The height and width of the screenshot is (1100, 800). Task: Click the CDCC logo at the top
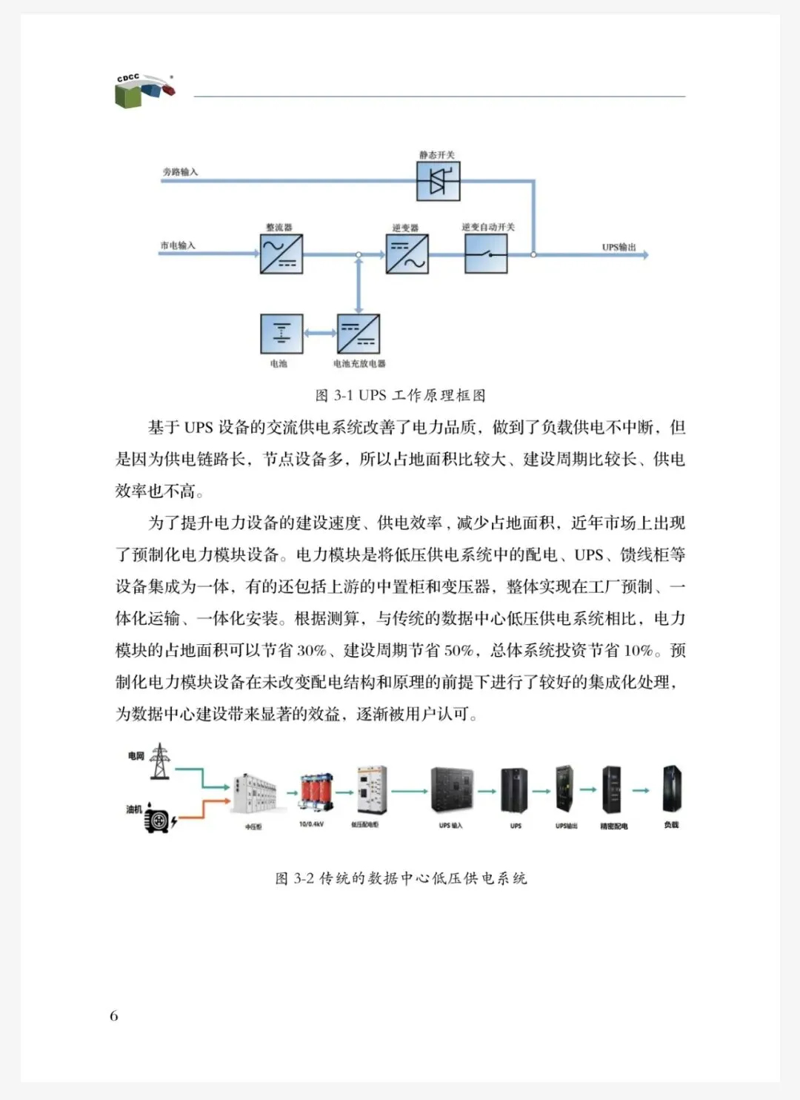coord(145,90)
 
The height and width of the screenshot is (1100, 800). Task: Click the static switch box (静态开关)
coord(438,181)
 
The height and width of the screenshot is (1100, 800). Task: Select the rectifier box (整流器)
coord(281,254)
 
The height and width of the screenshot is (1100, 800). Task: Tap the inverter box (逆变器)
coord(407,254)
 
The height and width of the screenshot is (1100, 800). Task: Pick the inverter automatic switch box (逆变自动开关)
coord(486,254)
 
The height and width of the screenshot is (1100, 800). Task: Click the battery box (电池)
coord(281,334)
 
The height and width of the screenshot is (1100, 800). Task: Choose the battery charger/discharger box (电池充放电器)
coord(359,334)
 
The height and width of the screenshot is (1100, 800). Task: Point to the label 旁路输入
coord(180,172)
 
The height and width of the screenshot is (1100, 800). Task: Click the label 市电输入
coord(178,245)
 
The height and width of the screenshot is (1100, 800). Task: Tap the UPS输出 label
coord(619,247)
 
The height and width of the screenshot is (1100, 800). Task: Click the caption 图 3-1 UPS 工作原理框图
coord(400,395)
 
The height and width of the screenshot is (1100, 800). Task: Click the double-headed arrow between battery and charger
coord(320,334)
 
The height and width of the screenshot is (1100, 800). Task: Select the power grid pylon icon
coord(159,761)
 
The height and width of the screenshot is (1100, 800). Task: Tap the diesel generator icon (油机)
coord(157,818)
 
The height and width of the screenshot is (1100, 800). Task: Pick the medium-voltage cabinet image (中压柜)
coord(254,795)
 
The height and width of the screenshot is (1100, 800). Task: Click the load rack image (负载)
coord(671,789)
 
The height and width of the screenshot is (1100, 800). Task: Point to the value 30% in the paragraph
coord(311,651)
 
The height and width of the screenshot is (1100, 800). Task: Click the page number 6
coord(114,1015)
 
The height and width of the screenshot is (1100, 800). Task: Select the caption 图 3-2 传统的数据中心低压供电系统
coord(401,878)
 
